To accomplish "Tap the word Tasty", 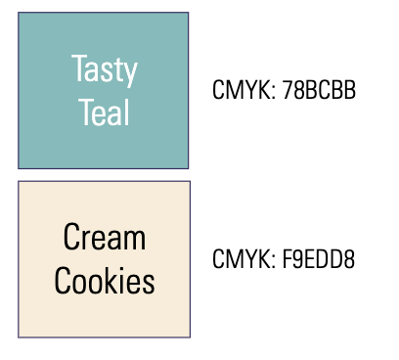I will point(104,71).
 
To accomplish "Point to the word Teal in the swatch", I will point(104,114).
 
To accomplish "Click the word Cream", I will point(104,238).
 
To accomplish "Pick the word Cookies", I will point(104,282).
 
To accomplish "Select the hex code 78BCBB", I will point(318,91).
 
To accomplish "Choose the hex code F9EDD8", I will point(319,260).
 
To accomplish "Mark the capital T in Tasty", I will point(78,69).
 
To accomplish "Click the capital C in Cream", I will point(70,238).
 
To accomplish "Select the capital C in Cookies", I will point(62,282).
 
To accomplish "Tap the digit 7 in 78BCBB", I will point(287,91).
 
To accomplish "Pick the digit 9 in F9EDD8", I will point(297,260).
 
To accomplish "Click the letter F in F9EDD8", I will point(287,260).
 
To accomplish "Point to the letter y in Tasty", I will point(130,74).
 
